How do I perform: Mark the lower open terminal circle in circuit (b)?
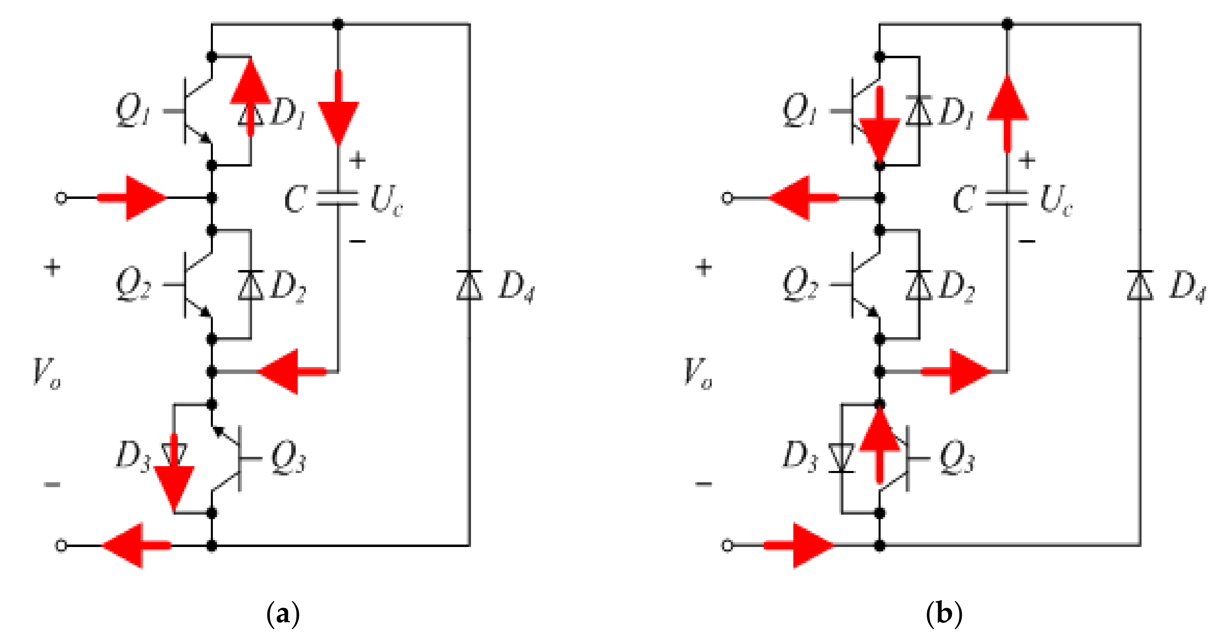[x=727, y=545]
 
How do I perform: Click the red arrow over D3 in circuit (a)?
[x=175, y=477]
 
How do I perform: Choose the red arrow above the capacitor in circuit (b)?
[x=1007, y=110]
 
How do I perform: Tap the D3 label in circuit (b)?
[x=800, y=456]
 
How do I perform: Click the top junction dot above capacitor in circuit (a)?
[x=338, y=23]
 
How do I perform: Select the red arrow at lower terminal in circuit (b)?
[x=801, y=545]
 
